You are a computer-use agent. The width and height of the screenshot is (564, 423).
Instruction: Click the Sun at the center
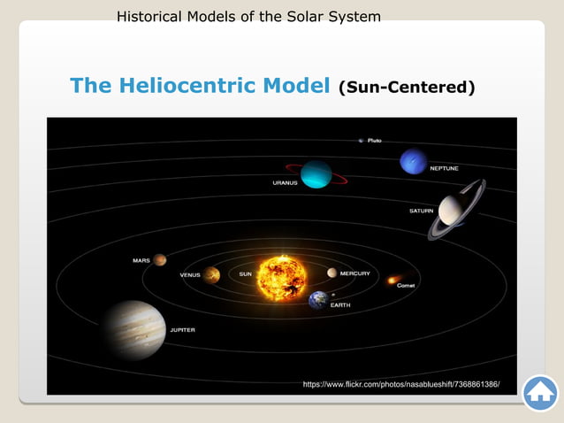[x=282, y=276]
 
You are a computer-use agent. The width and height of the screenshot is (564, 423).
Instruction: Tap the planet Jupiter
[x=133, y=329]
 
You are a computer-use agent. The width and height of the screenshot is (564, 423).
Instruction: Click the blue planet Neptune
[x=413, y=161]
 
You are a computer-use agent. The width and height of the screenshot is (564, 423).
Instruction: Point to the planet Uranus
[x=316, y=173]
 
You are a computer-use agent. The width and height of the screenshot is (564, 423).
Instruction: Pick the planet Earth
[x=318, y=300]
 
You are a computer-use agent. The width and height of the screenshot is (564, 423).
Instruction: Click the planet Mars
[x=160, y=260]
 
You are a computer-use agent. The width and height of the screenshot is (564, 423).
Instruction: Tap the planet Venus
[x=211, y=274]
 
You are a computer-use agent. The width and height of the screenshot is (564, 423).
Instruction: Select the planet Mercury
[x=332, y=273]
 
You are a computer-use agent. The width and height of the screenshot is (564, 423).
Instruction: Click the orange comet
[x=393, y=280]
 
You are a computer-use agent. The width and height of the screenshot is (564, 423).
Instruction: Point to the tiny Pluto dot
[x=361, y=140]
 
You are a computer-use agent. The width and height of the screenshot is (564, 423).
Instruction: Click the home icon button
[x=540, y=393]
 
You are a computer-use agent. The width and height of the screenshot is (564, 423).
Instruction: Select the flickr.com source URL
[x=401, y=385]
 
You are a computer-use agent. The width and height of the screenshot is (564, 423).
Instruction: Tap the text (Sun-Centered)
[x=407, y=88]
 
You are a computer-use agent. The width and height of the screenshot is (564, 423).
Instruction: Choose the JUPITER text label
[x=183, y=330]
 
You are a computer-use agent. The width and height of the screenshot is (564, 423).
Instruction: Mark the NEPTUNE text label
[x=444, y=168]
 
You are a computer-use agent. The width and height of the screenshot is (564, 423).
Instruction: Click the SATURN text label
[x=421, y=211]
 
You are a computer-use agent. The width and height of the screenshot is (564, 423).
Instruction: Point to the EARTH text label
[x=339, y=305]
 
